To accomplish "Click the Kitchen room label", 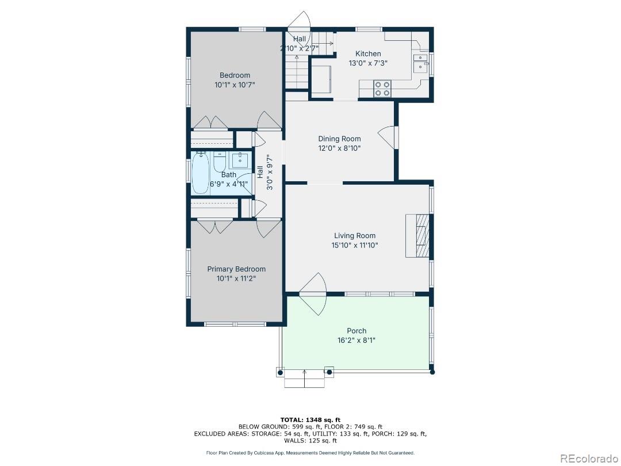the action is click(x=368, y=54).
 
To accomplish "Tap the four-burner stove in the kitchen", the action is click(x=382, y=89).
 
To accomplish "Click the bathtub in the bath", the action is click(x=201, y=173).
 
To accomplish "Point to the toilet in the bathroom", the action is click(x=220, y=161).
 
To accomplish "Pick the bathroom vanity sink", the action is click(x=240, y=161).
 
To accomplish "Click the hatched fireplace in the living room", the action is click(x=417, y=236).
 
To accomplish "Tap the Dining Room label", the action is click(x=339, y=139).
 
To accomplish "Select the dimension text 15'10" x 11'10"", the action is click(x=354, y=245).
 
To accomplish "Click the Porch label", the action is click(x=356, y=330).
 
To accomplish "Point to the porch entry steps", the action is click(x=305, y=377).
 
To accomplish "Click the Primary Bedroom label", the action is click(x=236, y=269).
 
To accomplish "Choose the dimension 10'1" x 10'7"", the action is click(x=235, y=85).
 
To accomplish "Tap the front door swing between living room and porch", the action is click(x=313, y=294).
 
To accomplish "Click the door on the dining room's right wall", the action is click(x=388, y=137).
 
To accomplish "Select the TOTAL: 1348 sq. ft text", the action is click(x=310, y=419).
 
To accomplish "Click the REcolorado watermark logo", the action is click(x=589, y=459).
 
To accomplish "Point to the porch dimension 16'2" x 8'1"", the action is click(x=356, y=341).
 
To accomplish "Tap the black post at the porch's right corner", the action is click(x=432, y=372).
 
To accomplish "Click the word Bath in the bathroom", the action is click(x=228, y=175).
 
